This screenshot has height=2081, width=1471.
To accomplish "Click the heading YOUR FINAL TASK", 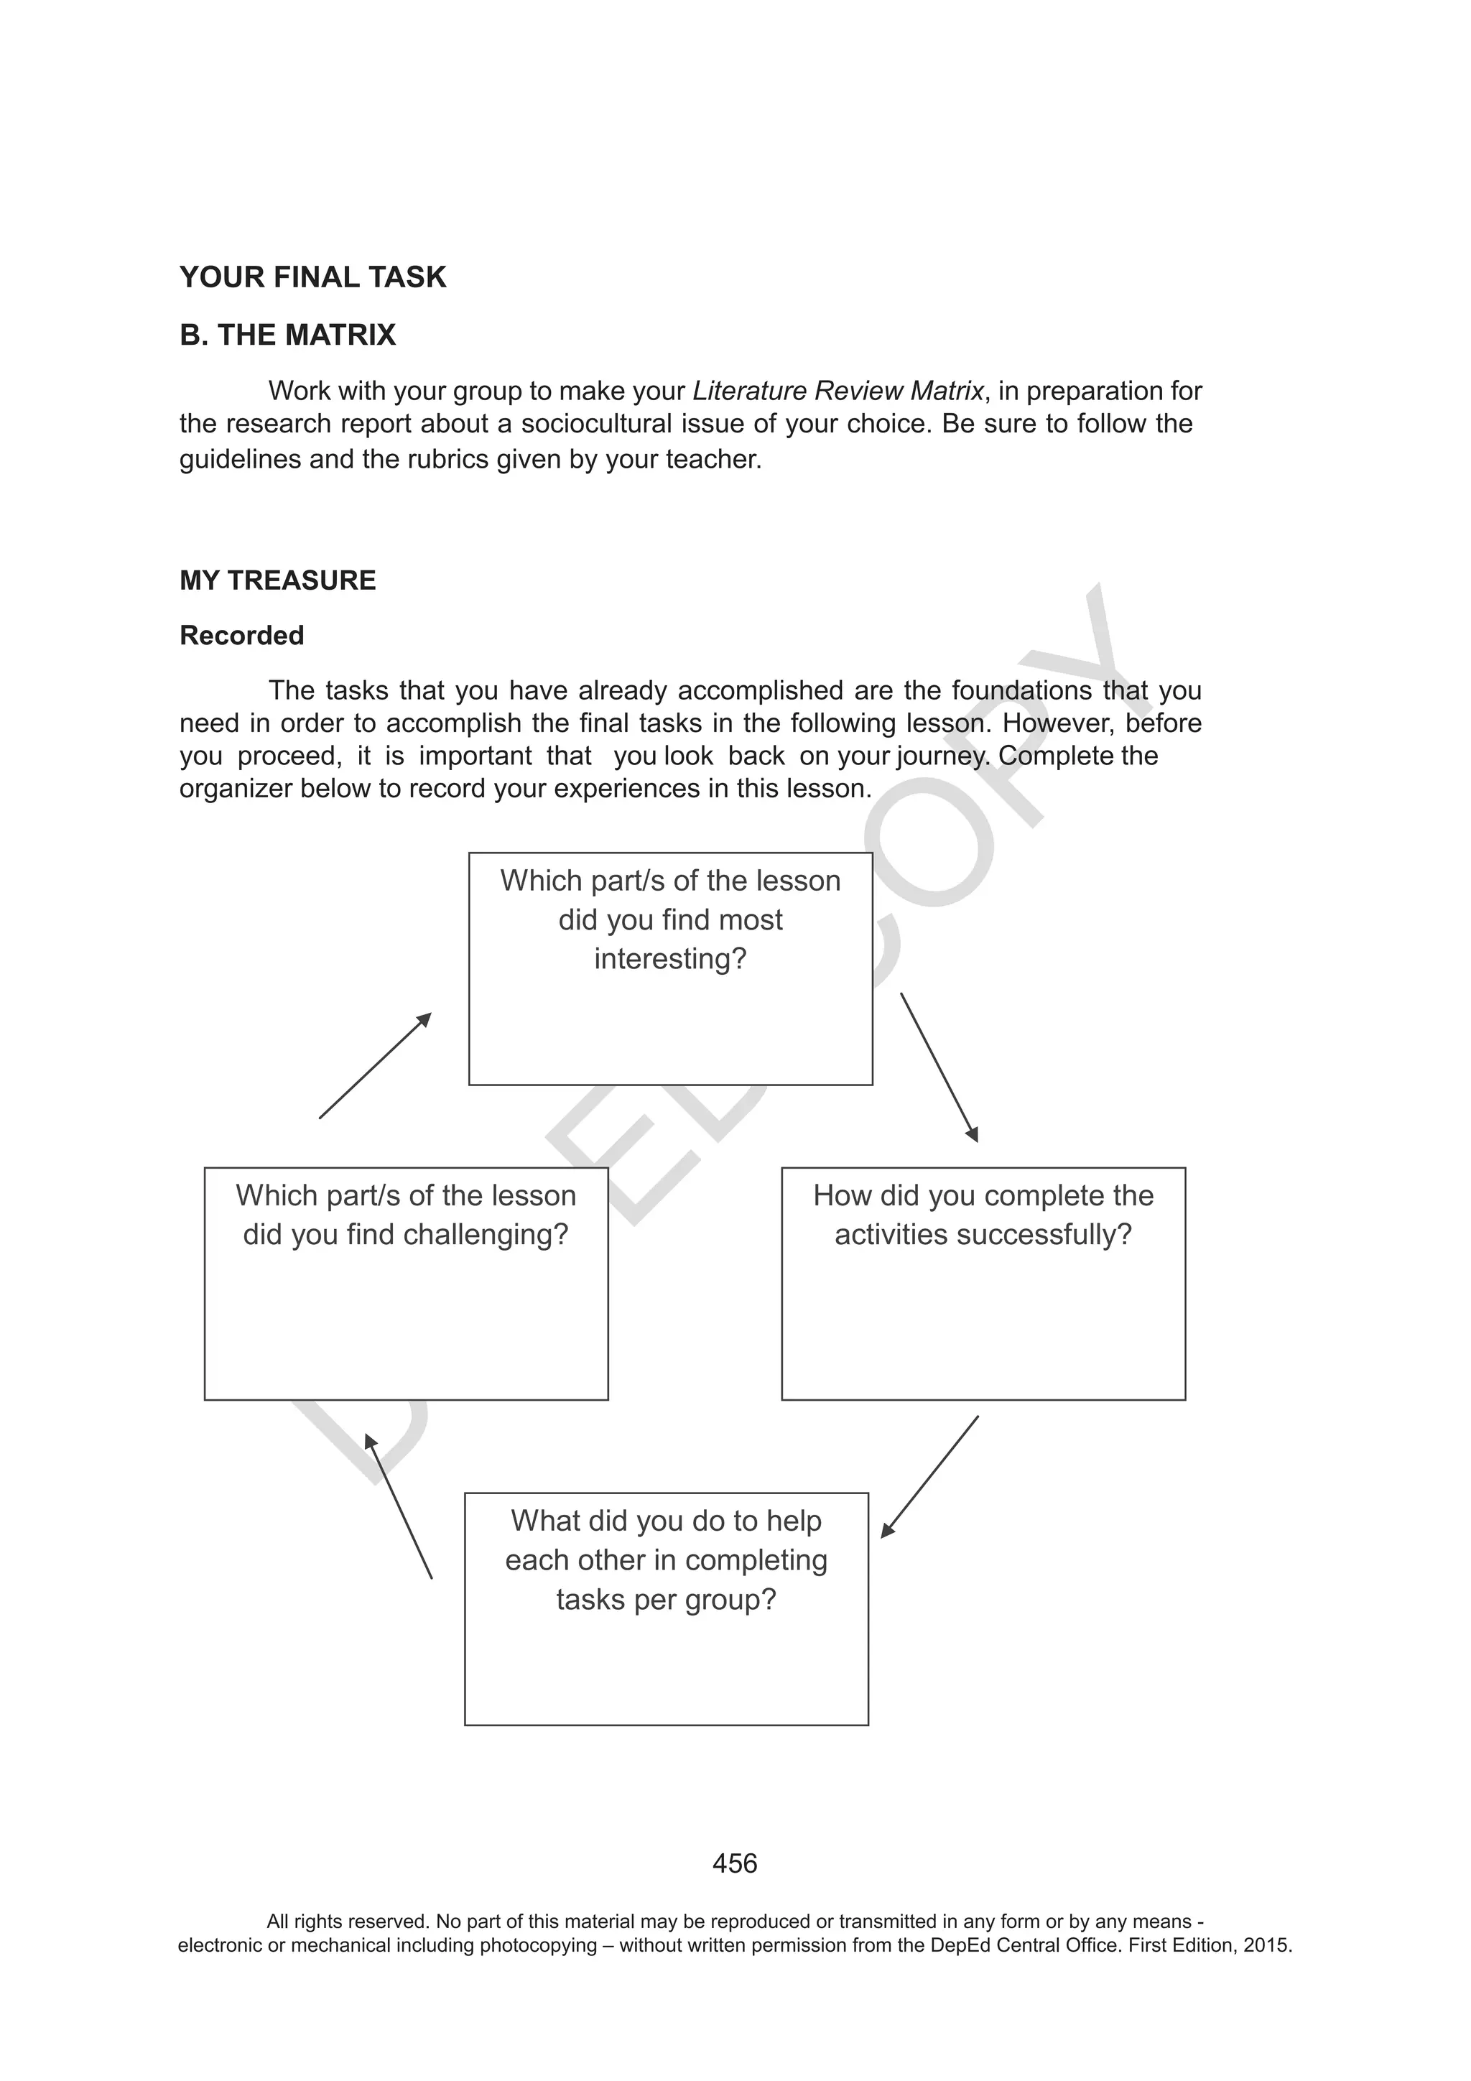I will [x=312, y=277].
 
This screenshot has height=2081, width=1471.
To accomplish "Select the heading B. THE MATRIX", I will [x=287, y=335].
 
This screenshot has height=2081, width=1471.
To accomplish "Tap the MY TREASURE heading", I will [x=277, y=580].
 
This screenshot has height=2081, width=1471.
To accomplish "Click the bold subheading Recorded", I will [x=242, y=635].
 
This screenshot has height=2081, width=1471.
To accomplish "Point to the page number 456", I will [x=735, y=1863].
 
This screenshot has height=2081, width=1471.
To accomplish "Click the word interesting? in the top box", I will [x=670, y=959].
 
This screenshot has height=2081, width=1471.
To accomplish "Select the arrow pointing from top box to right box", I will [x=939, y=1067].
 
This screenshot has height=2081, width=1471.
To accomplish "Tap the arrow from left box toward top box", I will [x=375, y=1066].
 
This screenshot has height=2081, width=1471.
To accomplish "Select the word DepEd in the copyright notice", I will [x=959, y=1946].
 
